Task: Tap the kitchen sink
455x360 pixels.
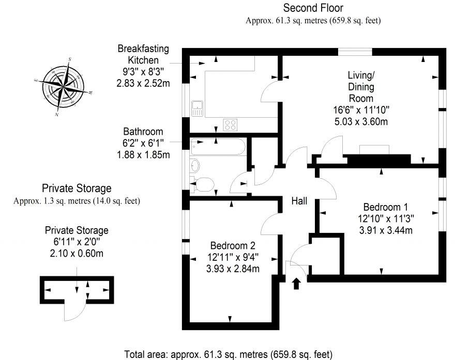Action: click(197, 108)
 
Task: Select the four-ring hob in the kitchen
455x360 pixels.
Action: click(230, 124)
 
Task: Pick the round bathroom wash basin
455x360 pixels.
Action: click(195, 165)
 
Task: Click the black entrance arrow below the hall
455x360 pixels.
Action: click(296, 284)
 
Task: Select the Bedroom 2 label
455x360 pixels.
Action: click(232, 245)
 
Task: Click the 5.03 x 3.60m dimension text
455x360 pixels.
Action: click(360, 121)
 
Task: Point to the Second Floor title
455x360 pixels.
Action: click(313, 8)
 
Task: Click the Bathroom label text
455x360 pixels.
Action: click(143, 132)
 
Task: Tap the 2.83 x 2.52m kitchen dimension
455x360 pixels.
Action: click(144, 82)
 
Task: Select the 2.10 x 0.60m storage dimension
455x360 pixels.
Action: click(77, 254)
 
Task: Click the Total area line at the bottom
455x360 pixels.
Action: click(228, 354)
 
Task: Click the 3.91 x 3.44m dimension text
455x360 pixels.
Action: click(385, 230)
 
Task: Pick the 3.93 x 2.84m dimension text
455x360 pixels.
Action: click(232, 268)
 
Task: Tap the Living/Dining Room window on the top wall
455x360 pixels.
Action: click(355, 51)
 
